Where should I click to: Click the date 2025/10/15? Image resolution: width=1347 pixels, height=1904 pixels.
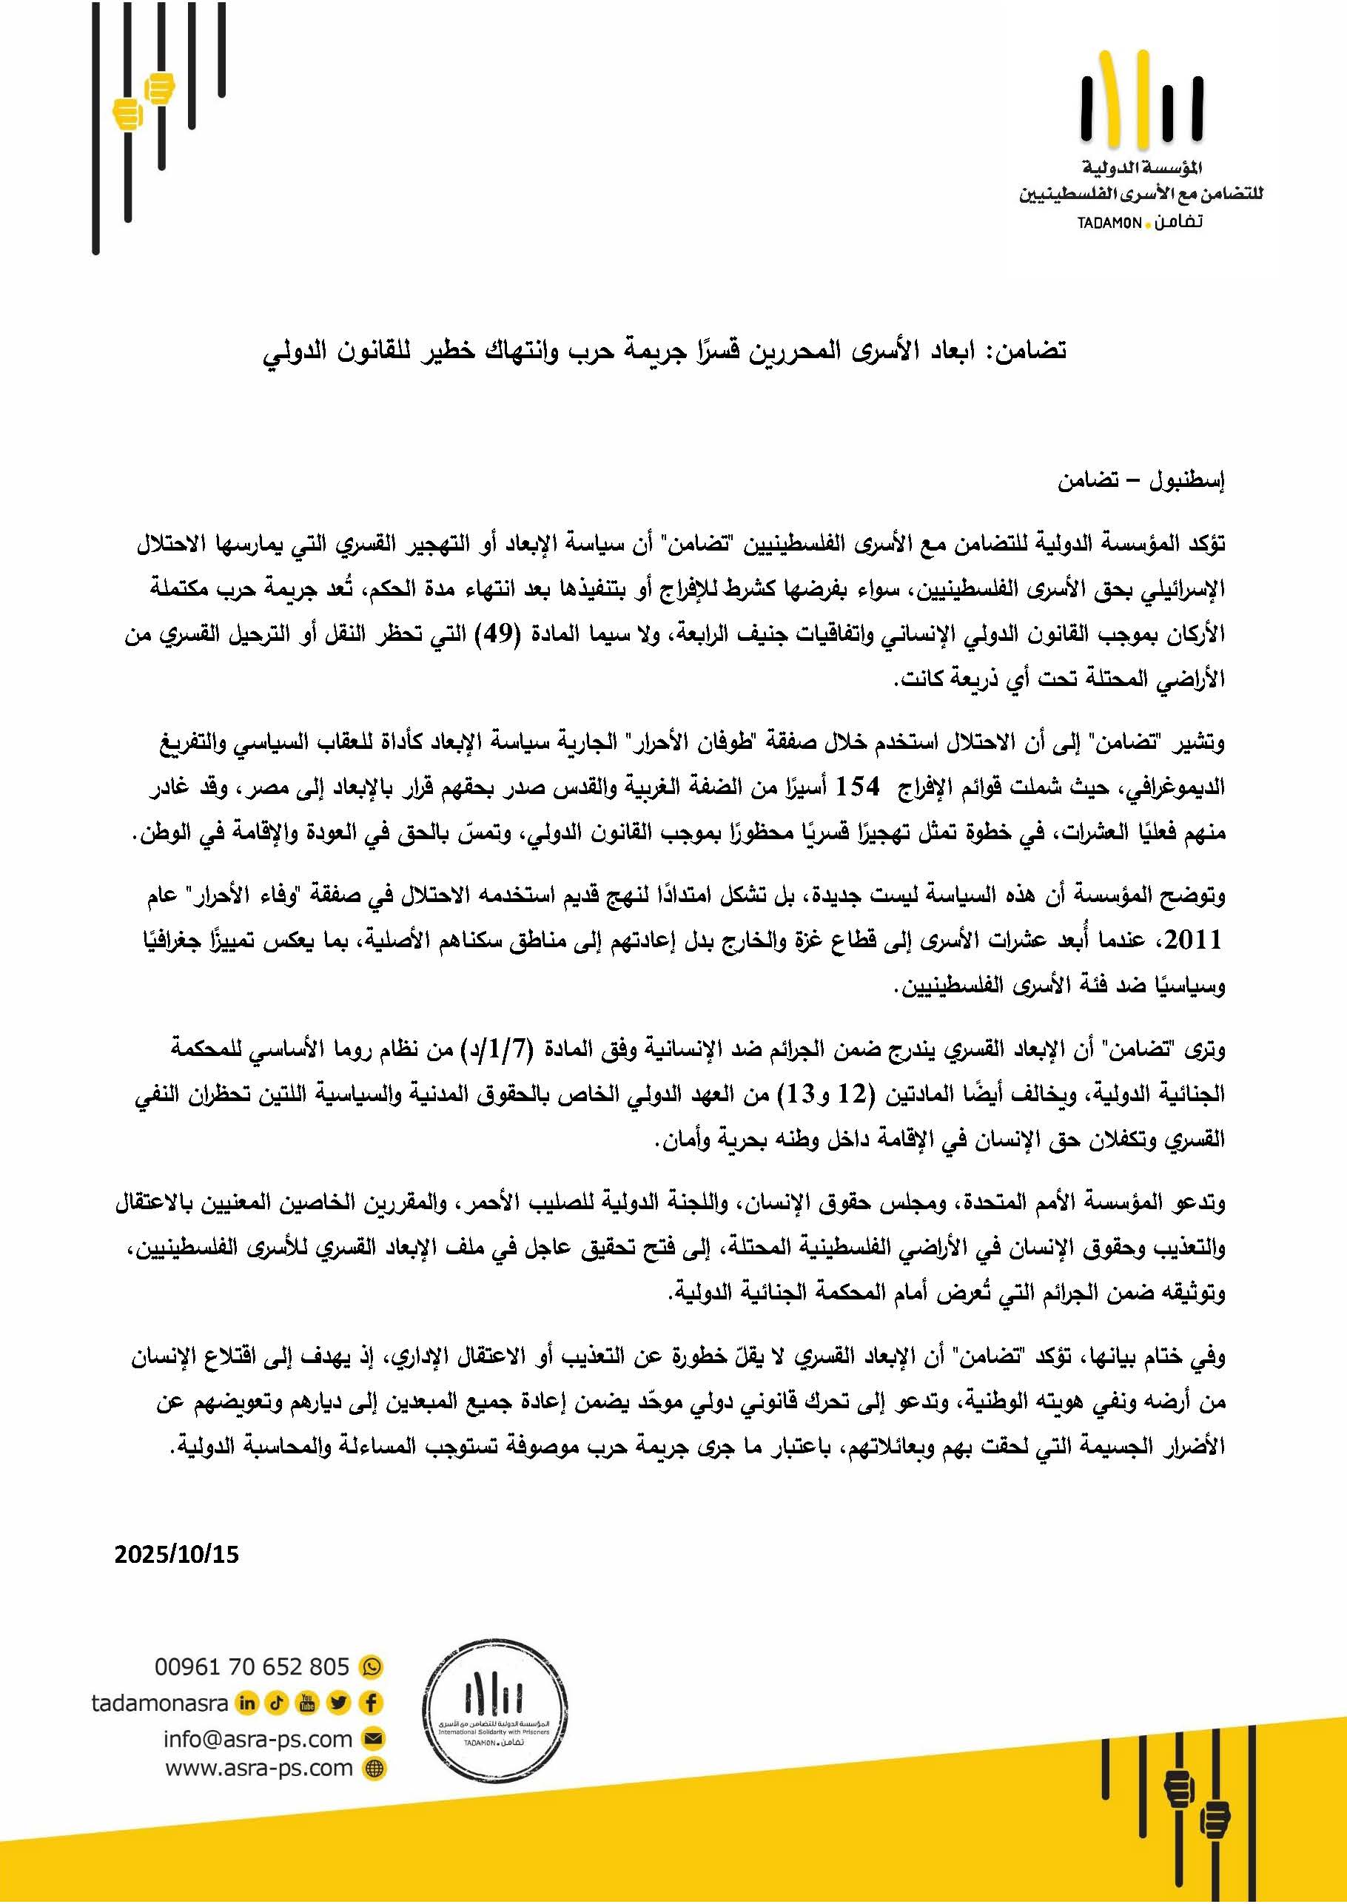pos(176,1554)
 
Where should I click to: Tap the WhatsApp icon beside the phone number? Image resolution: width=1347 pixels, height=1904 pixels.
pos(371,1666)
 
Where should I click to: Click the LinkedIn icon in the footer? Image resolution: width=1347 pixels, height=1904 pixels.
pos(246,1703)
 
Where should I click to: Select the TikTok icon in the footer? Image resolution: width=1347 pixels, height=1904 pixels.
pos(277,1703)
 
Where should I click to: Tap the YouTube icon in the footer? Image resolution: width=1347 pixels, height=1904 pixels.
pos(308,1703)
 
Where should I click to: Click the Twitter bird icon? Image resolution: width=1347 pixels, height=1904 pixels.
pos(338,1703)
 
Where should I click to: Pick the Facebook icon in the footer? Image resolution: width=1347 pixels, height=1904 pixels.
pos(371,1703)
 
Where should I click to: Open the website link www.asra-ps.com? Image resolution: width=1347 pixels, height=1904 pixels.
pos(259,1768)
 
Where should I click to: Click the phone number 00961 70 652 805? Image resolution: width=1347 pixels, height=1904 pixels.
pos(252,1666)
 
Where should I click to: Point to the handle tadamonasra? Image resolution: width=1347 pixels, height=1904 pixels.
pos(159,1703)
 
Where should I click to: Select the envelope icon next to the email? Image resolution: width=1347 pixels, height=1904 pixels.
pos(374,1738)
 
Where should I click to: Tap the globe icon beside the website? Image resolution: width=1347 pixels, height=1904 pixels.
pos(374,1769)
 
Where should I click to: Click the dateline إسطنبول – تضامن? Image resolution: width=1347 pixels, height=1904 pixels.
pos(1141,480)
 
